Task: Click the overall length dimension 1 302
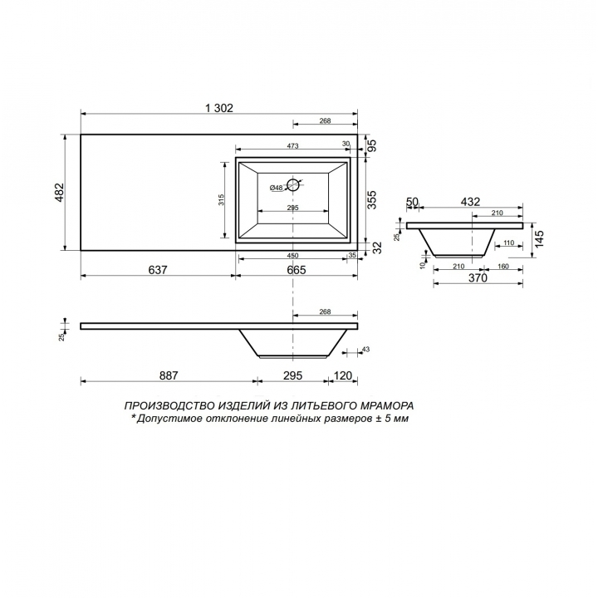[x=219, y=108]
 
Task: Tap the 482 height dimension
[x=61, y=192]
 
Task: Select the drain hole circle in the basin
[x=293, y=185]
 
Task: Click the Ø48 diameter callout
[x=276, y=188]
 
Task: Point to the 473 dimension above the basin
[x=292, y=146]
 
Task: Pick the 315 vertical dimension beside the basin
[x=222, y=200]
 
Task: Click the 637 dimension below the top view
[x=158, y=270]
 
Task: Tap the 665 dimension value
[x=297, y=270]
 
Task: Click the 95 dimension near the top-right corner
[x=371, y=145]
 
